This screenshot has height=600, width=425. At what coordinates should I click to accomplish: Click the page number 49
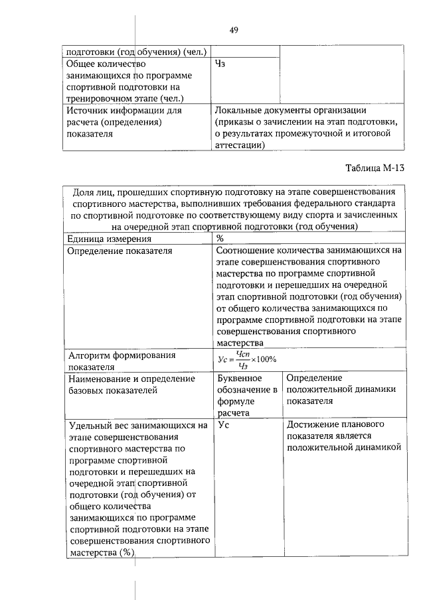tap(234, 30)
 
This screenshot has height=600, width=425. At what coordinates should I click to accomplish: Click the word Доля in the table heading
tap(84, 192)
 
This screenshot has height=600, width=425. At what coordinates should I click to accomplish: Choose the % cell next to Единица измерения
tap(220, 239)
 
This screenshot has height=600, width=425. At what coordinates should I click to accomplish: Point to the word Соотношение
tap(248, 251)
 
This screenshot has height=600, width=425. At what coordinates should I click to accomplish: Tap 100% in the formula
tap(265, 359)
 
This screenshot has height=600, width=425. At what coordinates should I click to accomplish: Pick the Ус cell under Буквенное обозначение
tap(222, 425)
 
